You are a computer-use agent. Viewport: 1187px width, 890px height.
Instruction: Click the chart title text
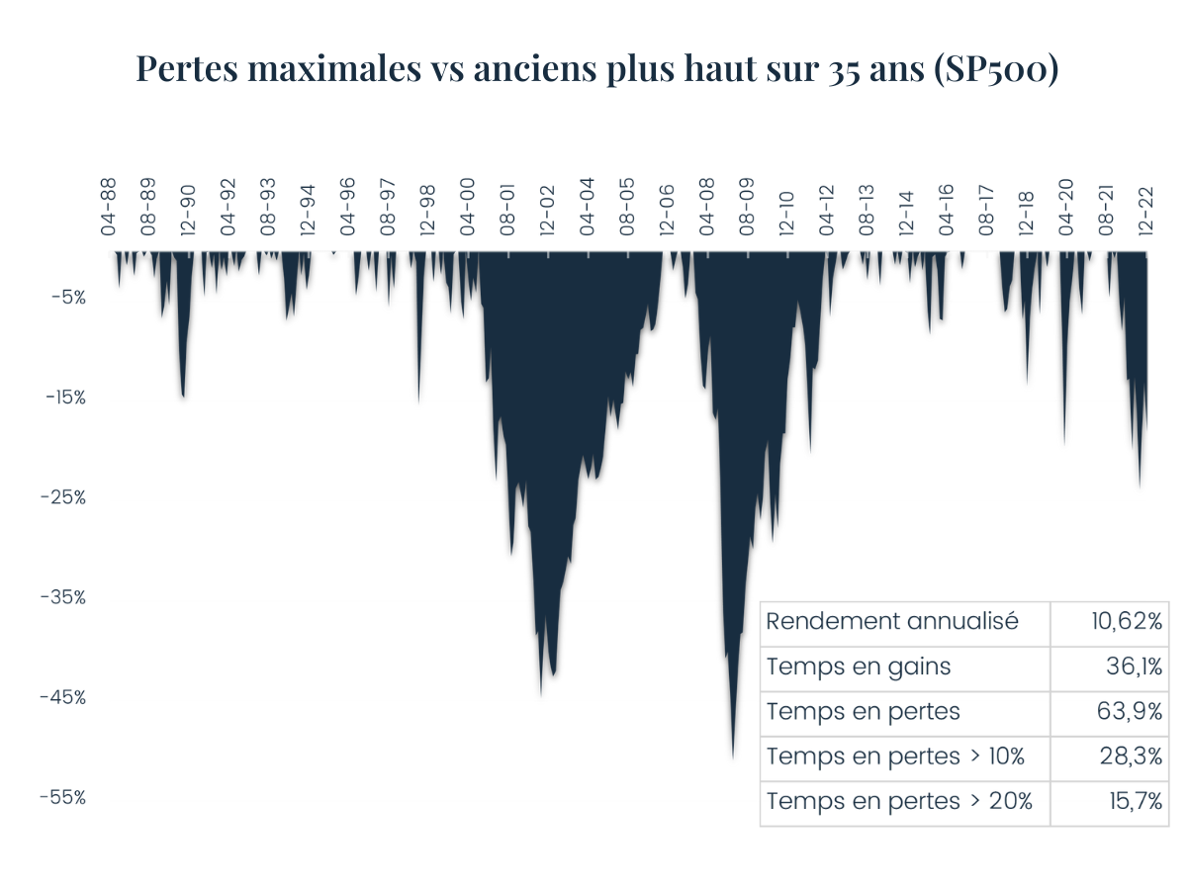click(597, 69)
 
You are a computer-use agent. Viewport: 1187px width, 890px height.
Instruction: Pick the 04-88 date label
click(108, 206)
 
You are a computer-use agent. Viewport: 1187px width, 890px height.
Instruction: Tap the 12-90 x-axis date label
click(188, 206)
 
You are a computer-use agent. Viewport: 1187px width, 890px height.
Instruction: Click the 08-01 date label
click(506, 206)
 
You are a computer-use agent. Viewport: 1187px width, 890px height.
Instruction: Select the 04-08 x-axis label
click(706, 206)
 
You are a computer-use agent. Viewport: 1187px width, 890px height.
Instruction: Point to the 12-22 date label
click(1145, 206)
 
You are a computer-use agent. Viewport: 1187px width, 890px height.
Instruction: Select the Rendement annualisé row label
click(892, 622)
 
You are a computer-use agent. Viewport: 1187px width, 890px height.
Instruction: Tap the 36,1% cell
click(1134, 667)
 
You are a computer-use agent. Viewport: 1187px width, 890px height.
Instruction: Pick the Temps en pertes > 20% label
click(899, 802)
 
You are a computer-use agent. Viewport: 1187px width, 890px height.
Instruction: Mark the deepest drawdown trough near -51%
click(733, 756)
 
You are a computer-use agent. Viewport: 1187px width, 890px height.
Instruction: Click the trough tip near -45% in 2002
click(541, 693)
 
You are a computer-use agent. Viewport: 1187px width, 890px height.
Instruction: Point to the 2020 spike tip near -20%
click(1064, 444)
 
